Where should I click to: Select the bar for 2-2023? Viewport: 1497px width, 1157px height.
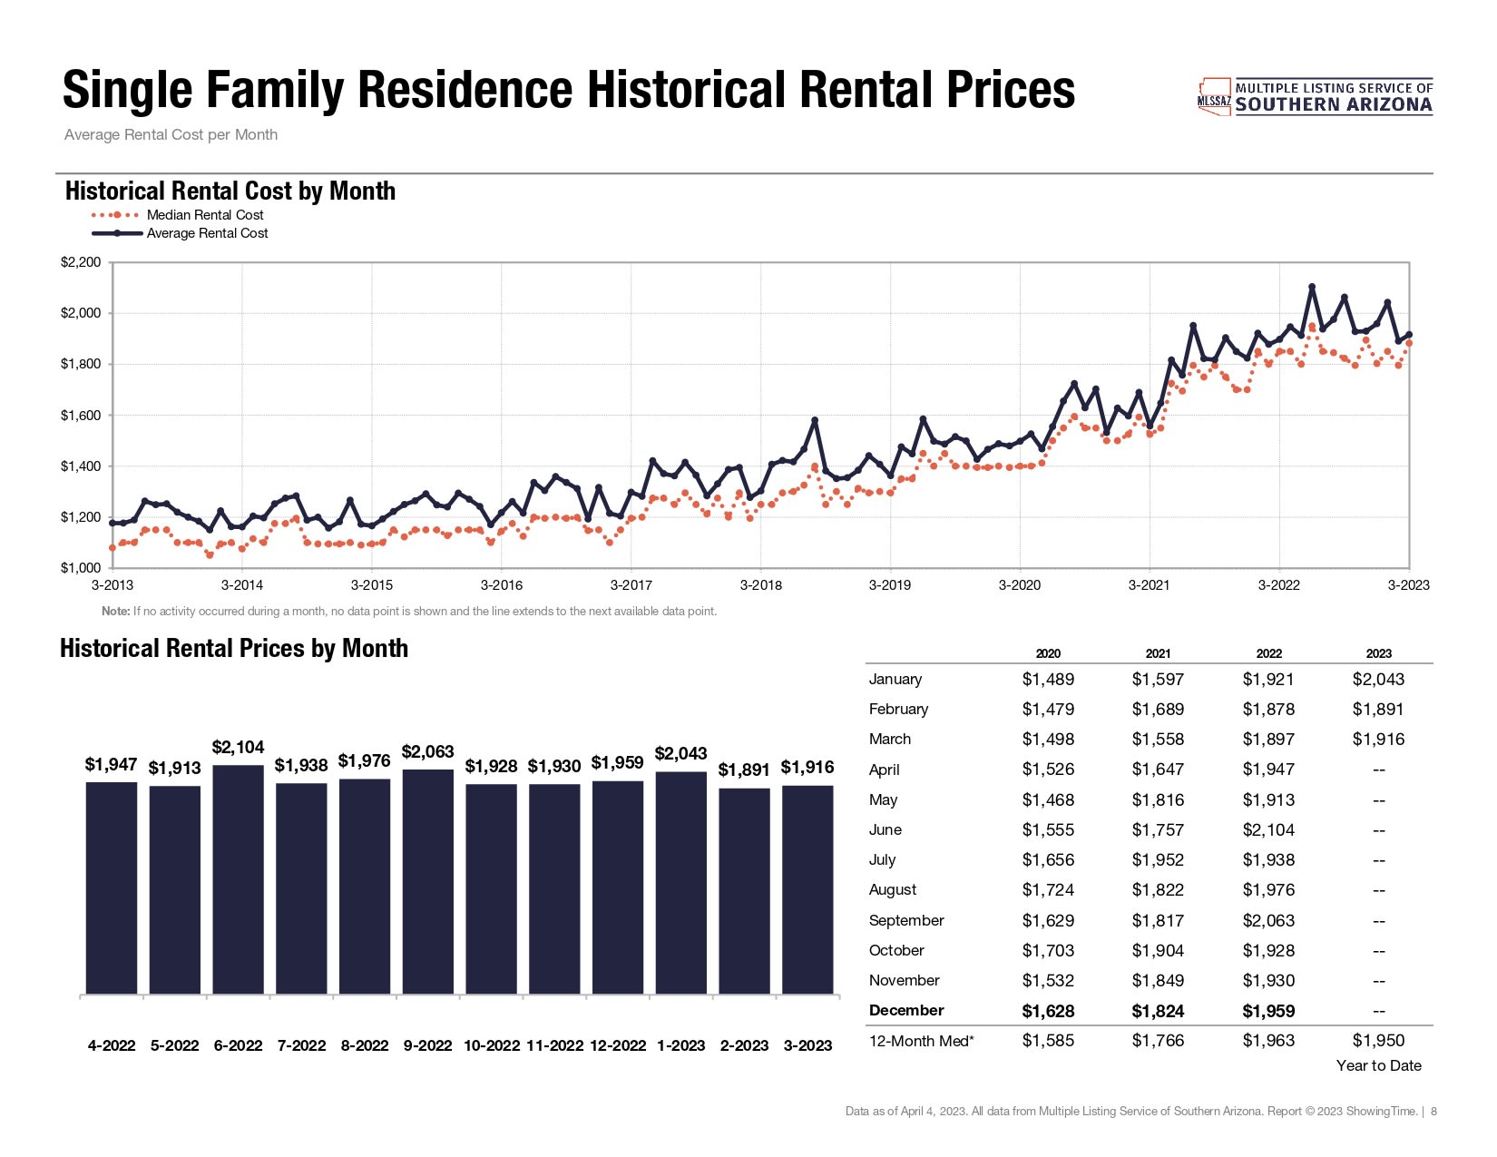[744, 890]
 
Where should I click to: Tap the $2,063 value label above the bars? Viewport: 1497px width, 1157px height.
[427, 752]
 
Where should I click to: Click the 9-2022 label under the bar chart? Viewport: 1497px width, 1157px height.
[427, 1045]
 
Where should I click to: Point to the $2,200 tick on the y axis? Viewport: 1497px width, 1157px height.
[81, 262]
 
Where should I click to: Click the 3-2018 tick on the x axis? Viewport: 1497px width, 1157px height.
[760, 585]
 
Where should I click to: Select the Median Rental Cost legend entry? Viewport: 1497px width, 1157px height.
[205, 215]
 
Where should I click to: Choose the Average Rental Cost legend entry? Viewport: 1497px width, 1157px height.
[207, 233]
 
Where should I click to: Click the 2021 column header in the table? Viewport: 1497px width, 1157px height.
[1158, 653]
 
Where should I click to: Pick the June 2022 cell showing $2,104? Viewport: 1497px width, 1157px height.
[1268, 829]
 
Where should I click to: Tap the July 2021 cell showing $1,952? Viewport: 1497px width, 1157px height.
[1158, 859]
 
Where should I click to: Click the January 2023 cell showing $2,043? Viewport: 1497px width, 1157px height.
[1378, 679]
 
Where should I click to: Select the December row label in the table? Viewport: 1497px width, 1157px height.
[906, 1010]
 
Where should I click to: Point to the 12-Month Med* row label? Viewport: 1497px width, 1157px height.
[921, 1041]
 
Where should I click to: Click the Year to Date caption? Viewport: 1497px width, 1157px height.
[1378, 1065]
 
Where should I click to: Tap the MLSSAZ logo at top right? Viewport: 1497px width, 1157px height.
[1315, 96]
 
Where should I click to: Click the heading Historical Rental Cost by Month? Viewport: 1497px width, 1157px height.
[230, 191]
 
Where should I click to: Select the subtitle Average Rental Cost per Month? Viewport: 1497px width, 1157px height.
[171, 135]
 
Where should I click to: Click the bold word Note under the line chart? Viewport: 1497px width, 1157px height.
[115, 611]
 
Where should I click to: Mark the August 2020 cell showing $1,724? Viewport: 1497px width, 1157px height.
[1048, 889]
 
